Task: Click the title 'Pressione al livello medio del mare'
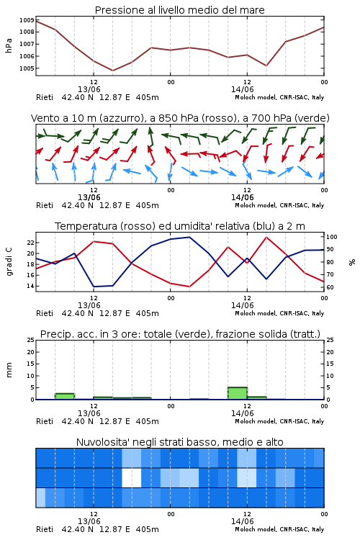click(179, 10)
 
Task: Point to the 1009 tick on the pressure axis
click(27, 20)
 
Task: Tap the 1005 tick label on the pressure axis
click(27, 68)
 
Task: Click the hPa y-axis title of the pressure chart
click(9, 45)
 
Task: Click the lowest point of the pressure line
click(112, 71)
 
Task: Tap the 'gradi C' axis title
click(9, 261)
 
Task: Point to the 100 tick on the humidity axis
click(332, 237)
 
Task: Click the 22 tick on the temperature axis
click(31, 243)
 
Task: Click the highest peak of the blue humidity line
click(189, 237)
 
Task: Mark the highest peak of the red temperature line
click(266, 237)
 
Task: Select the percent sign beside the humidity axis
click(352, 262)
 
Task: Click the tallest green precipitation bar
click(238, 393)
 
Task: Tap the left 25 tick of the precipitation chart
click(31, 340)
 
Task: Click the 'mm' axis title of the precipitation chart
click(9, 370)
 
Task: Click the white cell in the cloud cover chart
click(132, 477)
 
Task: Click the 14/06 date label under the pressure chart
click(242, 89)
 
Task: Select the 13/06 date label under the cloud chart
click(89, 521)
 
